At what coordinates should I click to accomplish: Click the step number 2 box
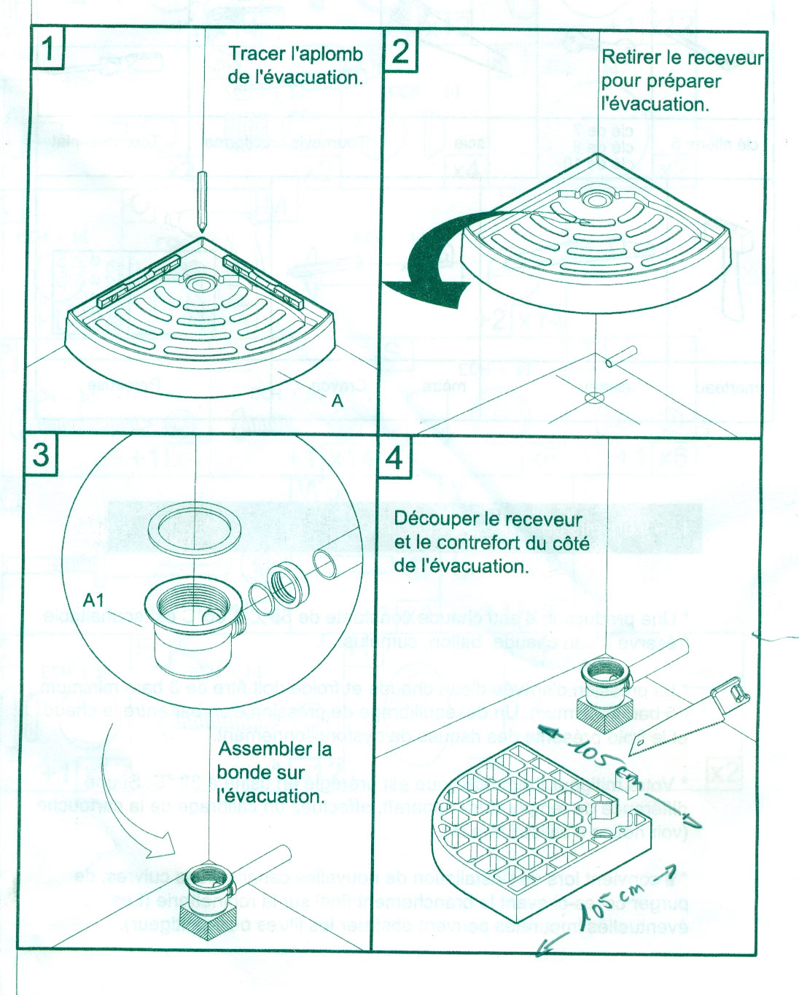point(399,50)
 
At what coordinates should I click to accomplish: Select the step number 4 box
point(394,457)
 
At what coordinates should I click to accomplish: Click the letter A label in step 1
point(337,401)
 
